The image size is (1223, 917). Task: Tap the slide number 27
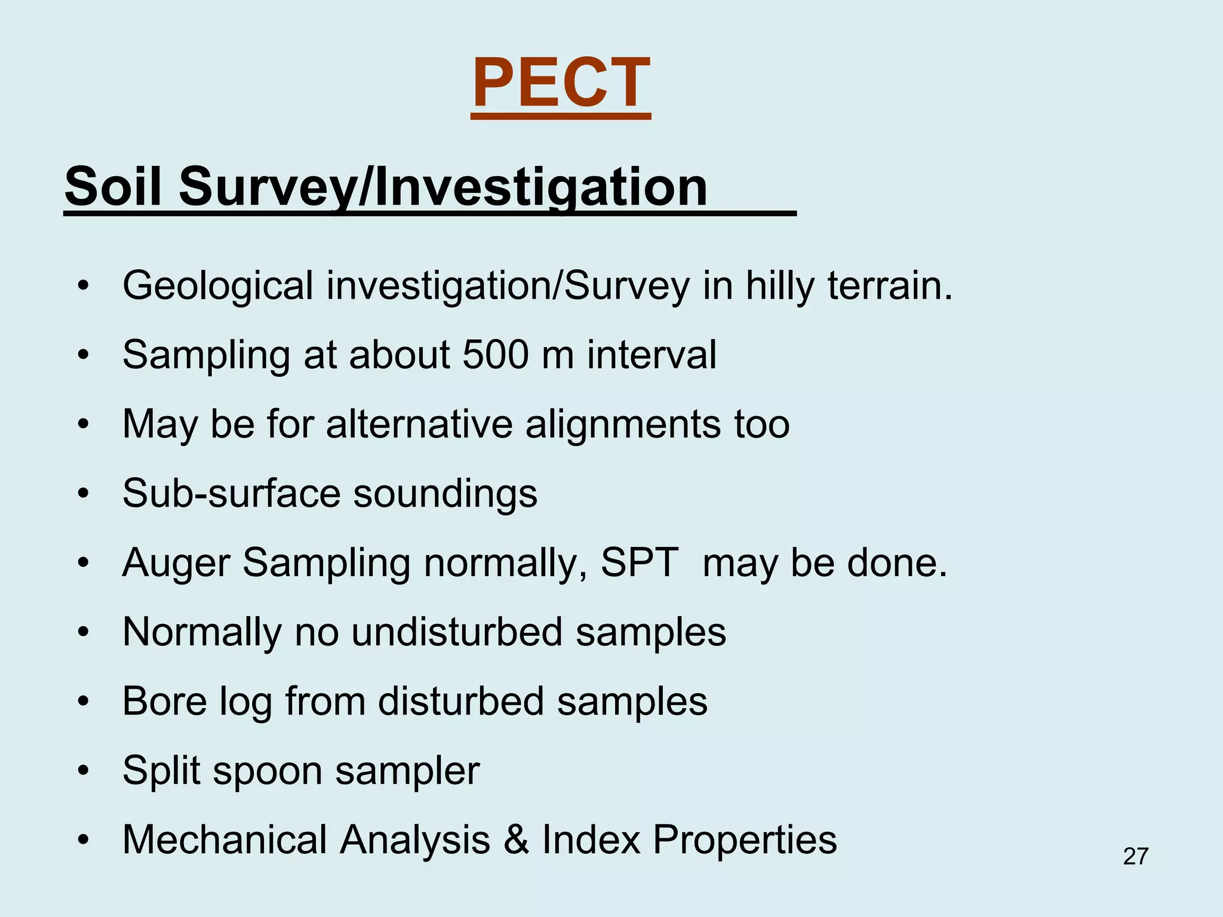tap(1135, 857)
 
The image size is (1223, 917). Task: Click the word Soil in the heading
tap(113, 186)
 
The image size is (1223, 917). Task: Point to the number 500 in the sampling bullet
tap(495, 355)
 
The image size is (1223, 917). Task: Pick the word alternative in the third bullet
tap(419, 424)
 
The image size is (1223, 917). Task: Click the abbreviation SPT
tap(639, 562)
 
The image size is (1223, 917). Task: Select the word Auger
tap(176, 564)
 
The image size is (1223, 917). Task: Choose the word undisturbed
tap(457, 632)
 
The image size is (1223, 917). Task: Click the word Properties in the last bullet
tap(745, 841)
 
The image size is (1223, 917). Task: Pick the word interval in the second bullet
tap(652, 355)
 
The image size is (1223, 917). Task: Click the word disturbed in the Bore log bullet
tap(461, 701)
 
